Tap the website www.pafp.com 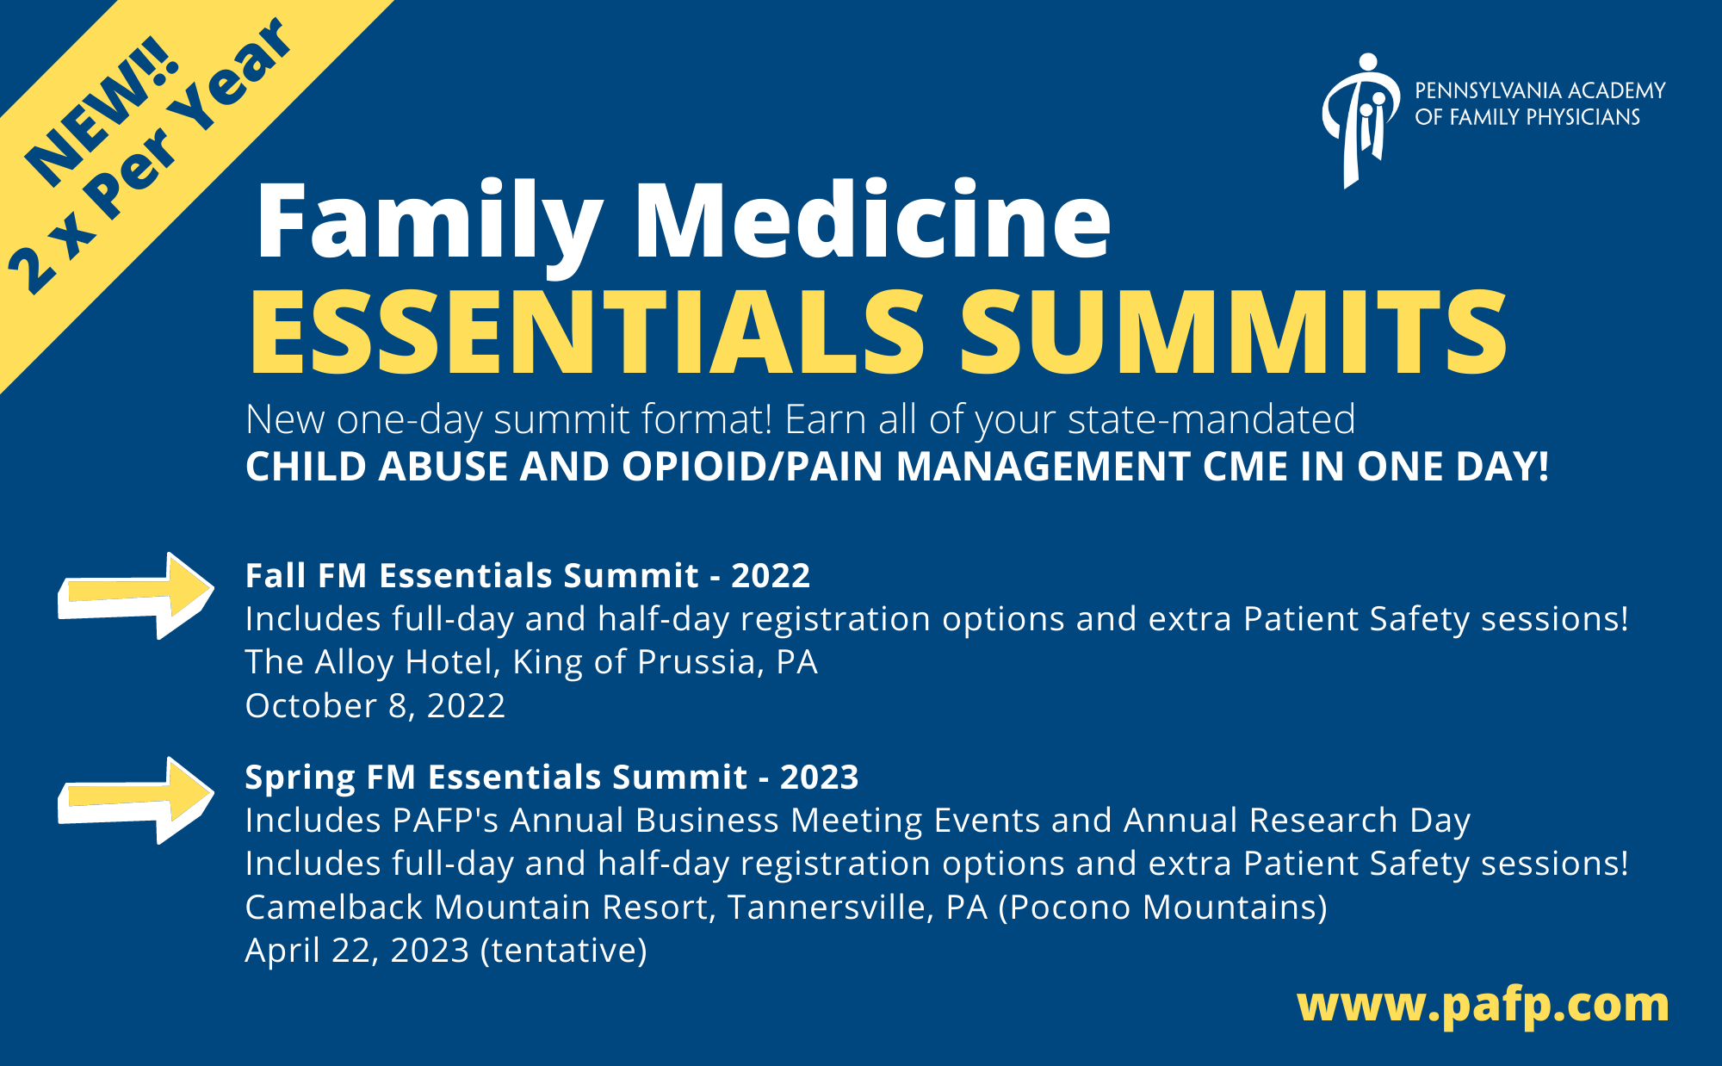1483,1005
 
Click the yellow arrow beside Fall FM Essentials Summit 136,596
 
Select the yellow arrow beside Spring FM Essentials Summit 136,801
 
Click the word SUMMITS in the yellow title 1233,332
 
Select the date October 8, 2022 375,706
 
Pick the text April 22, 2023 357,951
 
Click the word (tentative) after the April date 564,951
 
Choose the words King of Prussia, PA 666,662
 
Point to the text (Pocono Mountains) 1163,908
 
